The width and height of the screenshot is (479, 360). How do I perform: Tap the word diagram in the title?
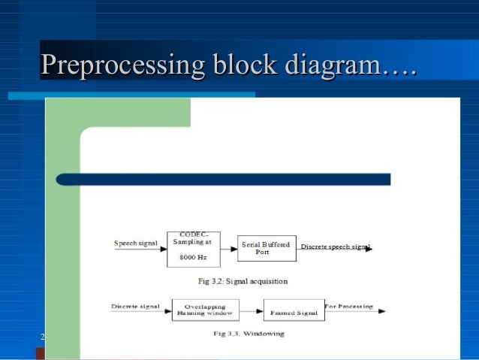(x=330, y=64)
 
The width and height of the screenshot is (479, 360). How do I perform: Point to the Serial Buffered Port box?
(x=266, y=248)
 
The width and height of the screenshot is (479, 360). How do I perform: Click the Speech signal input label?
(x=135, y=244)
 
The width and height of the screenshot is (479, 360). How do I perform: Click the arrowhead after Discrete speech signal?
(x=369, y=249)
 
